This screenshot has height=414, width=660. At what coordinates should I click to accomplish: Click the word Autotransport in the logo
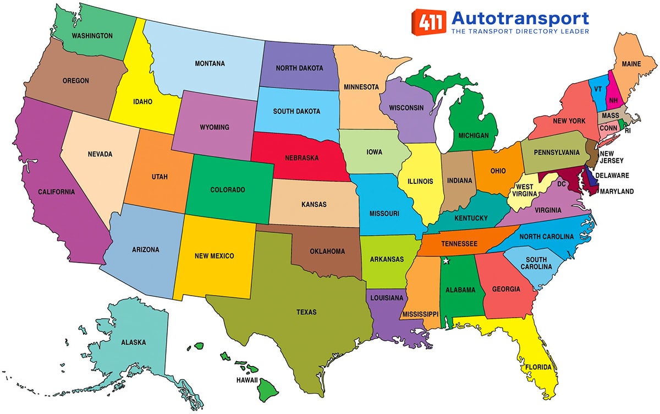(520, 18)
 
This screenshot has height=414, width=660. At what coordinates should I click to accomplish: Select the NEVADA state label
(100, 154)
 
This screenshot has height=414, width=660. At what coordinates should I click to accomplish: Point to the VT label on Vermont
(597, 89)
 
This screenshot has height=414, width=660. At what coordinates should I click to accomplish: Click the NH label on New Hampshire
(613, 100)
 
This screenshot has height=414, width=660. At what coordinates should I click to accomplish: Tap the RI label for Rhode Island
(628, 131)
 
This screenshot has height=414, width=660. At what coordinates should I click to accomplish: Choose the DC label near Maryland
(562, 183)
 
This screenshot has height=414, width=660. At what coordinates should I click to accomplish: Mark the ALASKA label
(134, 342)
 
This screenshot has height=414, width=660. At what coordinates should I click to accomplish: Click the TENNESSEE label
(458, 244)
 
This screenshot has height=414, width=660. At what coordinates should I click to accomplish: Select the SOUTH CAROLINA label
(536, 263)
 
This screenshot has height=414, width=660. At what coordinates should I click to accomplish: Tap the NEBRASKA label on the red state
(301, 157)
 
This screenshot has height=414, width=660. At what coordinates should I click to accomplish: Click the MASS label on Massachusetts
(610, 116)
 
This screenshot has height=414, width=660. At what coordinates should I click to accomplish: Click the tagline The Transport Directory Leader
(520, 32)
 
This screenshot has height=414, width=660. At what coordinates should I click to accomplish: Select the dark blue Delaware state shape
(591, 177)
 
